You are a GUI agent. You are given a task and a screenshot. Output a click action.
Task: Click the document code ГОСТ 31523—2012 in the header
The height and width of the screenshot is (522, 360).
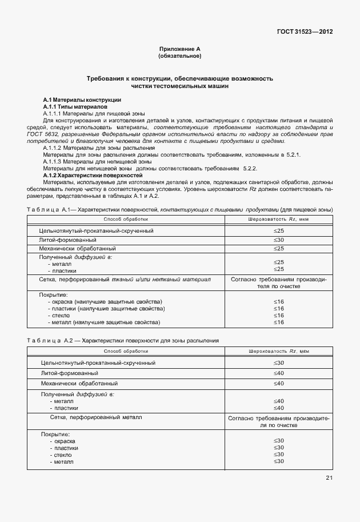304,32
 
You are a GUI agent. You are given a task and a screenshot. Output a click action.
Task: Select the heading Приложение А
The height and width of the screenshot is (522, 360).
179,50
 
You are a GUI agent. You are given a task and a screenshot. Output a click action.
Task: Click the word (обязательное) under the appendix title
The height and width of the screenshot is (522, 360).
179,57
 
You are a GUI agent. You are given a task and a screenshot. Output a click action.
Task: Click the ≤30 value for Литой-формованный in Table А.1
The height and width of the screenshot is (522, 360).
279,240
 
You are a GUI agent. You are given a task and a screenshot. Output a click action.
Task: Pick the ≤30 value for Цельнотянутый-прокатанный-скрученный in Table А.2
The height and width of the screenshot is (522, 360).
279,363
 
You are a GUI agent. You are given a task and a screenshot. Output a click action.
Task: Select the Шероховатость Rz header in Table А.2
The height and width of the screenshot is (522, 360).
279,351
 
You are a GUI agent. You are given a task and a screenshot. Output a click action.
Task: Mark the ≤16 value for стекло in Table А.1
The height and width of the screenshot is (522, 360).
279,315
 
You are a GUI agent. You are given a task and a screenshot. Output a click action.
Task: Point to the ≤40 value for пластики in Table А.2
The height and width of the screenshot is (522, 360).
279,408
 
